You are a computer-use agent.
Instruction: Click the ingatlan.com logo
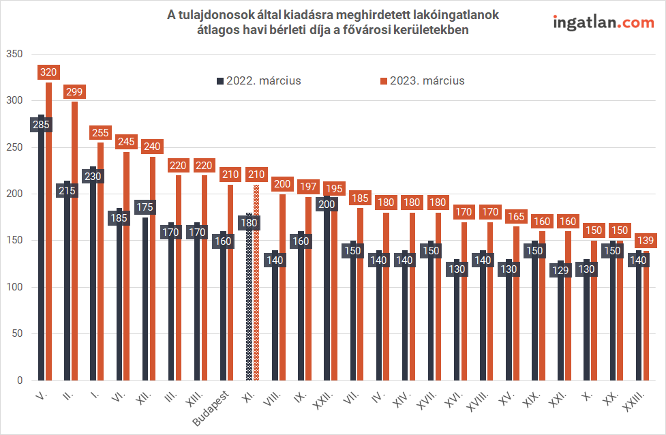pos(603,22)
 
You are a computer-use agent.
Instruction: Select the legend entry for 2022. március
pos(258,80)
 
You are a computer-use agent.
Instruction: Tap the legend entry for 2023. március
pos(422,80)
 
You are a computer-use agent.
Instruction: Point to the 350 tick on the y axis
pos(14,54)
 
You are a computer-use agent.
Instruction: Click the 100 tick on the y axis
pos(14,287)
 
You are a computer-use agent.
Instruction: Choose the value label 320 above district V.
pos(48,72)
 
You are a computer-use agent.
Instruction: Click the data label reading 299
pos(74,91)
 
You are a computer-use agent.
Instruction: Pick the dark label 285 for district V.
pos(41,125)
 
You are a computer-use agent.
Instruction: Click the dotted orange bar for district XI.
pos(256,282)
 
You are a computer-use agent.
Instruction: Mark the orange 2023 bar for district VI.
pos(126,266)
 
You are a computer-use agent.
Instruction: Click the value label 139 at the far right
pos(646,241)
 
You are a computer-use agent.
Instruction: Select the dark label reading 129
pos(561,269)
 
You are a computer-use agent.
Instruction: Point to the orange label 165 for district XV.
pos(516,217)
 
